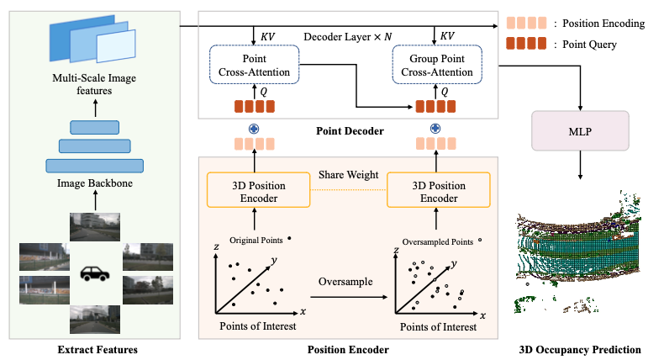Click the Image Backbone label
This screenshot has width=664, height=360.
pyautogui.click(x=94, y=183)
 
